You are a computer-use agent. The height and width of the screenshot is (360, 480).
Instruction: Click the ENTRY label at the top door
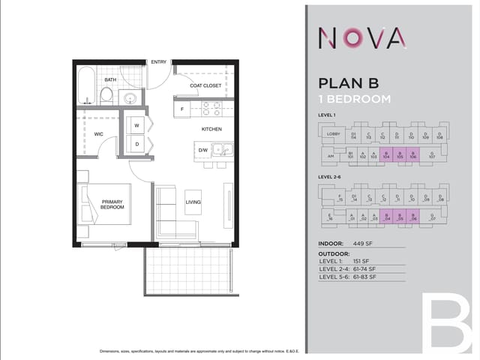158,62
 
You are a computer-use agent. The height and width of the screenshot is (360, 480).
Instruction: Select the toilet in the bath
107,94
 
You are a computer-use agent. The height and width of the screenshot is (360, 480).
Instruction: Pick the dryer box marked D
136,143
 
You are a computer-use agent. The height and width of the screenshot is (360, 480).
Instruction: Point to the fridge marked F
181,109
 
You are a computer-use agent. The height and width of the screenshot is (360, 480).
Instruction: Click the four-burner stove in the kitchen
211,109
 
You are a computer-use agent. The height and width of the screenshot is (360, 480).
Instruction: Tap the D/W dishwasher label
202,150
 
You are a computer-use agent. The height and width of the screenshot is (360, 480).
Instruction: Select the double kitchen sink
222,149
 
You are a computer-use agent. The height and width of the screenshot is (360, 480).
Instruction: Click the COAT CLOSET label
205,85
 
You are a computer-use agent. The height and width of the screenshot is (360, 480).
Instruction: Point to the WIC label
98,134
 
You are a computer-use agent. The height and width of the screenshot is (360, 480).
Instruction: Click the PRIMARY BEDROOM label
112,204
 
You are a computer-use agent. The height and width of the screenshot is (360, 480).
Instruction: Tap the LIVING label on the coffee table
193,202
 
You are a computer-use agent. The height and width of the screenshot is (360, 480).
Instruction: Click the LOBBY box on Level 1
333,134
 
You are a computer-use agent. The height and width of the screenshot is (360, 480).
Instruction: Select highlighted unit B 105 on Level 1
400,155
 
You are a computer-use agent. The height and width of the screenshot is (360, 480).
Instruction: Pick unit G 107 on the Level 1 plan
432,155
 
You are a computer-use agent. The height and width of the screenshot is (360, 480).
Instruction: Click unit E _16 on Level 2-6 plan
330,217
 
